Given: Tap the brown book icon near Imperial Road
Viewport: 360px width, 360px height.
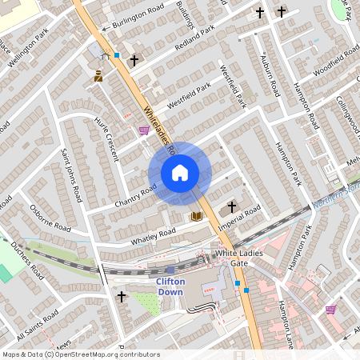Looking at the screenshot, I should (195, 216).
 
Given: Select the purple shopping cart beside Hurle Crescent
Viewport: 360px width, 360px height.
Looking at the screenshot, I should (143, 130).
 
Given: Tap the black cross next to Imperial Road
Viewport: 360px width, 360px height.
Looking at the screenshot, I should (232, 206).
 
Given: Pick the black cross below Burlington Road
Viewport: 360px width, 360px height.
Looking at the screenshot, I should (134, 60).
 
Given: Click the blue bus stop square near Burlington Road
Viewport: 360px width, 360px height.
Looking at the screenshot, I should (117, 55).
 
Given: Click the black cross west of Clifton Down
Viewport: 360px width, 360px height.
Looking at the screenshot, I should (122, 297).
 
